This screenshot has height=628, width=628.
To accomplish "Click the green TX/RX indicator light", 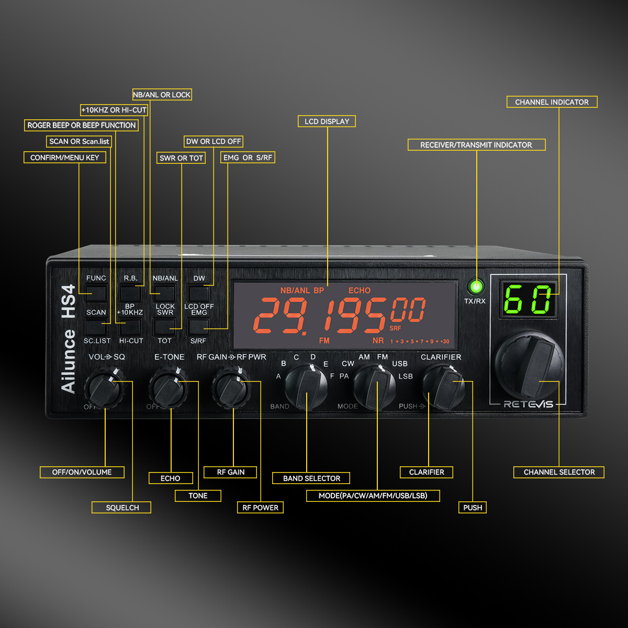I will coord(476,287).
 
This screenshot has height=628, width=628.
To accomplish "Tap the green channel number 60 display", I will coord(528,299).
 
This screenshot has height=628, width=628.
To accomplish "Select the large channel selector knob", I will coord(529,365).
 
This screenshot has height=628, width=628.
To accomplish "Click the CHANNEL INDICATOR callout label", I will coord(552,102).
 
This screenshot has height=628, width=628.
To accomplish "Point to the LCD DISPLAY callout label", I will coord(327,121).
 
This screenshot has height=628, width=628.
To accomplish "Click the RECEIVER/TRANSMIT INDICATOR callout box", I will coord(476,145).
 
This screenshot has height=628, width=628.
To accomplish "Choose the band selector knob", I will coord(307,388).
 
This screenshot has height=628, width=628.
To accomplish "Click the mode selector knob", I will coord(375,388).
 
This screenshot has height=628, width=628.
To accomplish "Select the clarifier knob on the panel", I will coord(443,386).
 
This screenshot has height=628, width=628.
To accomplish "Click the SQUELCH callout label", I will coord(122,508).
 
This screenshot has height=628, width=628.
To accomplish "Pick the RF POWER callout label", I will coord(260,508).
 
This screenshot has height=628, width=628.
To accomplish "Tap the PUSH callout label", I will coord(473,508).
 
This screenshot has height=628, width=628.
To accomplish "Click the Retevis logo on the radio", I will coord(528,404).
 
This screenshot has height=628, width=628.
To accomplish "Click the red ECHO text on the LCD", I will coord(359,290).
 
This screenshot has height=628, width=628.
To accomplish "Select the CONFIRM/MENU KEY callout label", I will coord(64,158).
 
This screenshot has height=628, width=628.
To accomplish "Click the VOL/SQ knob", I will coord(105,388).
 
